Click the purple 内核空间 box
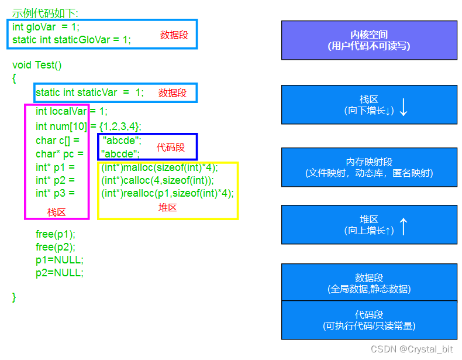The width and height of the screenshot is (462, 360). point(369,40)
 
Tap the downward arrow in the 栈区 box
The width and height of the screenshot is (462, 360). point(404,107)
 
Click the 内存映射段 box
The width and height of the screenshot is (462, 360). point(369,167)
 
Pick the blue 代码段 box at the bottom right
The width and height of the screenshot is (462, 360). point(369,320)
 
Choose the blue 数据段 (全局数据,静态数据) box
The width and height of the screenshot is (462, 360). point(369,283)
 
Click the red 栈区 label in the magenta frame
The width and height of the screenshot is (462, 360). point(57,212)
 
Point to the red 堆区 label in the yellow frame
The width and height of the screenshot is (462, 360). point(168,207)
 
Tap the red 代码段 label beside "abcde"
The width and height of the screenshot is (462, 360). point(171,147)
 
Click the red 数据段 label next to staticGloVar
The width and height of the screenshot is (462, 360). point(174,35)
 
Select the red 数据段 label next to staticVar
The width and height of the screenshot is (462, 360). point(173,92)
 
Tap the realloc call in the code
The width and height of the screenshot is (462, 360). point(167,193)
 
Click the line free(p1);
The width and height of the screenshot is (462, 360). point(56,235)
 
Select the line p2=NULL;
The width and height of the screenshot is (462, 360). point(60,272)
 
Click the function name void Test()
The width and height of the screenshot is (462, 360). point(37,65)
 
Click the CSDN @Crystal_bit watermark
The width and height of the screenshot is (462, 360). point(412,349)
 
